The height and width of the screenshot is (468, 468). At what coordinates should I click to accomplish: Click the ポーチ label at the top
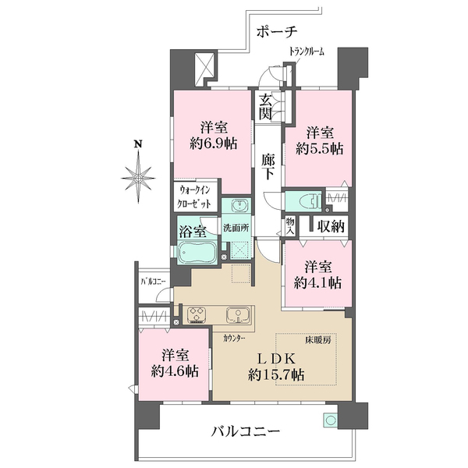pos(277,32)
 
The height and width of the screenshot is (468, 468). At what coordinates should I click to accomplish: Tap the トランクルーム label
pos(307,52)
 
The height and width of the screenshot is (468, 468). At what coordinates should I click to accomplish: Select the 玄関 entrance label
pos(265,107)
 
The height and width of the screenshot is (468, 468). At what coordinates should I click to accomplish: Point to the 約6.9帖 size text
pos(214,144)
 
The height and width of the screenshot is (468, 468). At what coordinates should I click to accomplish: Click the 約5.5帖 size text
pos(320,148)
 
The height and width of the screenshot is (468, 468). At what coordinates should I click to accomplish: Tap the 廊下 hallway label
pos(268,167)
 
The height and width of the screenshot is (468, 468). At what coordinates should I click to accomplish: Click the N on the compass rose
pos(137,144)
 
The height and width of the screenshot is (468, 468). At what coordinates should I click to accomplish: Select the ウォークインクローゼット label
pos(194,197)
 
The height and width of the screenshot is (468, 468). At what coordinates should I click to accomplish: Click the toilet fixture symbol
pos(311,200)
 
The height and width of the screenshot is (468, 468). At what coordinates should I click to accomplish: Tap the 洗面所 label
pos(236,228)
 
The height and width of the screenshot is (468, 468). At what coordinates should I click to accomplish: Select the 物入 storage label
pos(290,226)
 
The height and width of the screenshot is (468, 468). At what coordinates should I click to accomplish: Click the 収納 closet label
pos(331,226)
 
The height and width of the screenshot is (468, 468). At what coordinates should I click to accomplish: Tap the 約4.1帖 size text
pos(318,282)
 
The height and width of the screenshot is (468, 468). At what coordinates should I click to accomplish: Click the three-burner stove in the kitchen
pos(197,315)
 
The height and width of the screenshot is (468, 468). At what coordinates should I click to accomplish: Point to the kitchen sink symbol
pos(238,315)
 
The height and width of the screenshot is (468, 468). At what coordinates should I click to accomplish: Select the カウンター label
pos(234,339)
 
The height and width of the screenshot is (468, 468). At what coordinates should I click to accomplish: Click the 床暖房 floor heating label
pos(318,339)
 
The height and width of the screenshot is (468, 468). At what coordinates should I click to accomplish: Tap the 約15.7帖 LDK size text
pos(276,374)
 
